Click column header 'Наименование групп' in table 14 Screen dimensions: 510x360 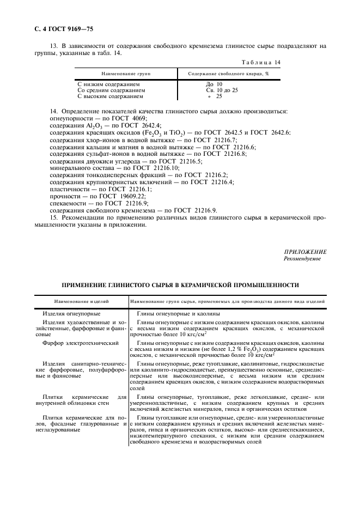coord(125,73)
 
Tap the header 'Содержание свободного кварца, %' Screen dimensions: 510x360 coord(229,73)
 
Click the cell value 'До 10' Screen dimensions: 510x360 coord(214,84)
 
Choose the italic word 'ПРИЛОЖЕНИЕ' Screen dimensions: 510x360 coord(305,252)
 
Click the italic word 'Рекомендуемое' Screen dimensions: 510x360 coord(302,259)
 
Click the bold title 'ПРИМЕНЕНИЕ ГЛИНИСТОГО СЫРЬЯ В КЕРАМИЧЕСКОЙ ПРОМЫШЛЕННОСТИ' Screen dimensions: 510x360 coord(180,285)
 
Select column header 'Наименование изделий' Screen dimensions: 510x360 coord(81,301)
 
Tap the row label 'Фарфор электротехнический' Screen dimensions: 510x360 coord(81,343)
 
